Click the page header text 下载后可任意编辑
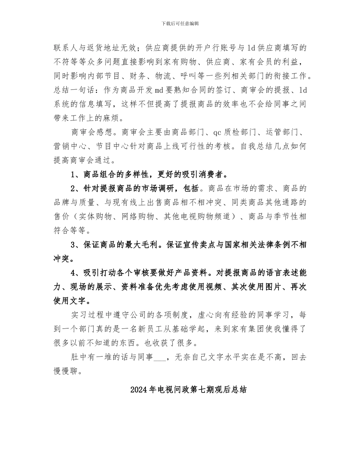(180, 23)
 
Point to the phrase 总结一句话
(77, 90)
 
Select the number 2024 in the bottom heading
(138, 389)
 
